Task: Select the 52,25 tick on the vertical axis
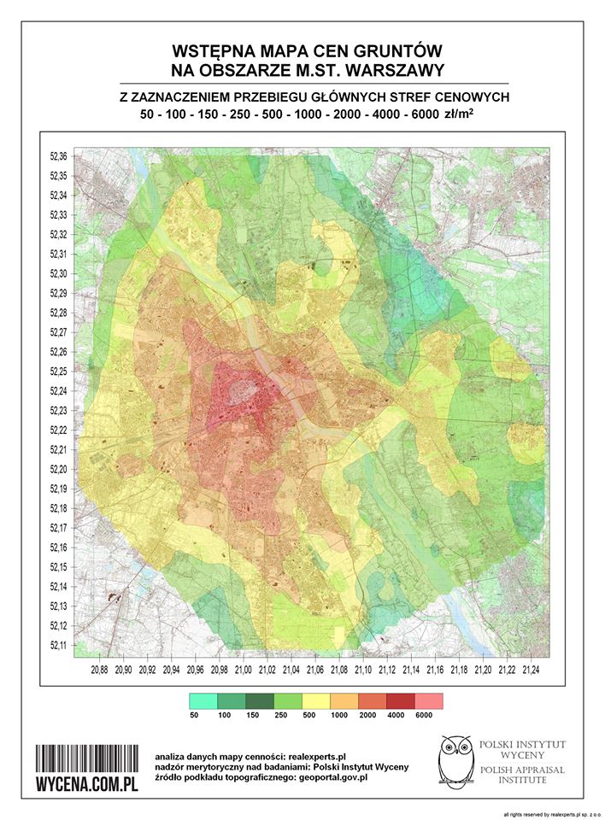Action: click(59, 372)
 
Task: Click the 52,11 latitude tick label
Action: click(59, 646)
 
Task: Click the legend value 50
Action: click(194, 716)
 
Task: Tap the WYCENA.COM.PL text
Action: click(86, 786)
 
